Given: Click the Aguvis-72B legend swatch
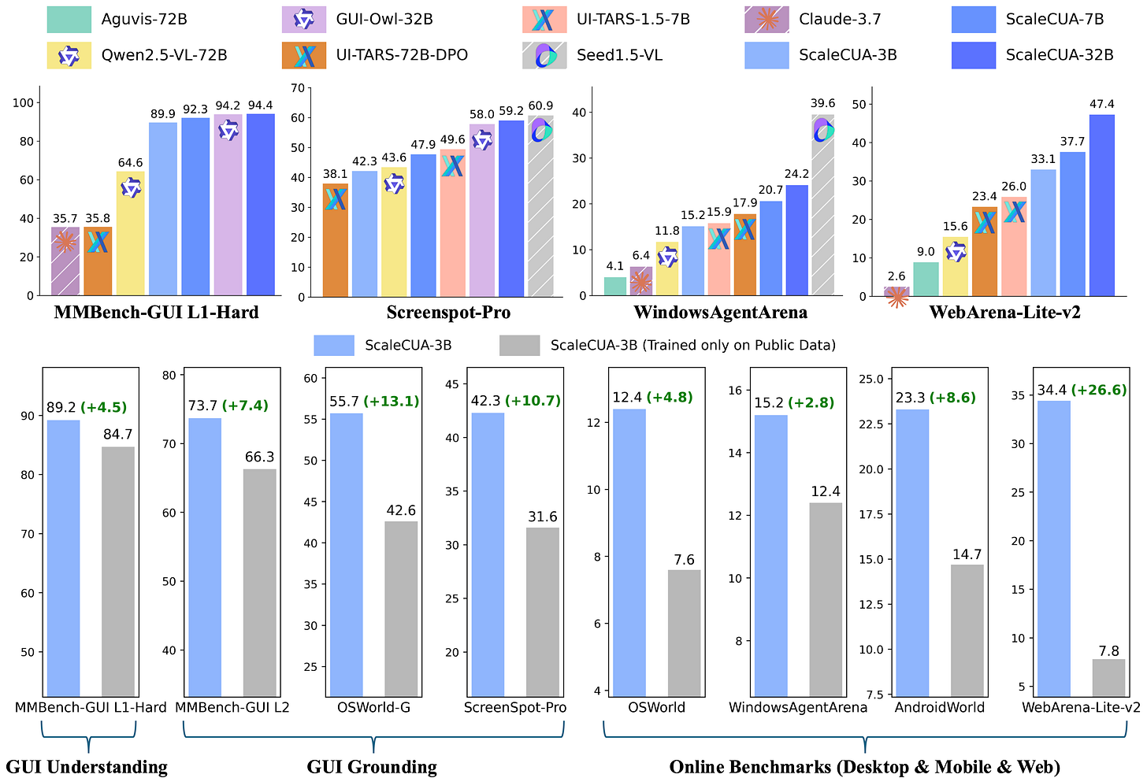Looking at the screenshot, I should tap(69, 20).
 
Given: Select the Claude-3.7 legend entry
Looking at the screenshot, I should tap(840, 20).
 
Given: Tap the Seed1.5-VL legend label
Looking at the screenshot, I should tap(619, 55).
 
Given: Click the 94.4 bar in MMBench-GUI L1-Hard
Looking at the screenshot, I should tap(261, 205).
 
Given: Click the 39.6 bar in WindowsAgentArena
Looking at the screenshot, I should tap(823, 205).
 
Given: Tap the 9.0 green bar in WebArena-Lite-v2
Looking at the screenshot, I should tap(926, 280).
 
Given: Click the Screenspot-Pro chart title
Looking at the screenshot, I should tap(448, 313).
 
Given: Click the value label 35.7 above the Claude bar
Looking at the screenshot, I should tap(65, 219).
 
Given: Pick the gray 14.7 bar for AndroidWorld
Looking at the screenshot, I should tap(967, 630).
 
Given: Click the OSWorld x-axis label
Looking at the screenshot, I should tap(656, 707).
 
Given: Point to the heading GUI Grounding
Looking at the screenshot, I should tap(372, 766).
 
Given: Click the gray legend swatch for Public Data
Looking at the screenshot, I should tap(519, 345).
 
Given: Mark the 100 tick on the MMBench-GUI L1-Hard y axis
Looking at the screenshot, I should tap(23, 102).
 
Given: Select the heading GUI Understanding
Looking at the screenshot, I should tap(87, 766).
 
